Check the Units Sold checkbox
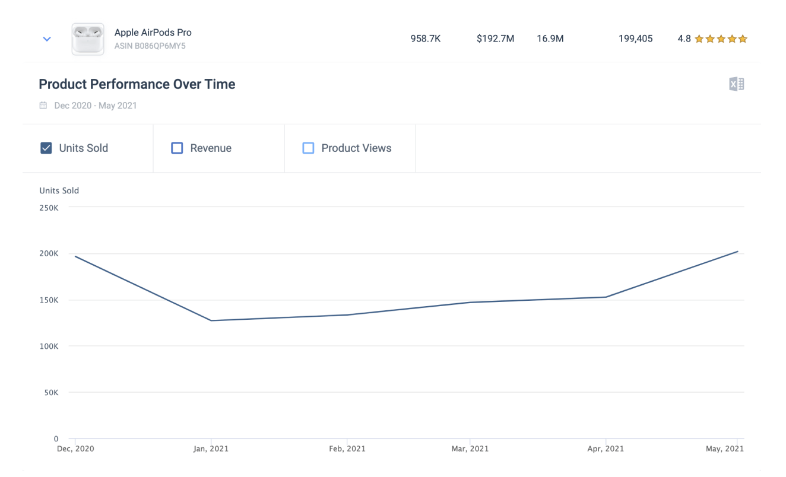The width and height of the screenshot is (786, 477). point(46,148)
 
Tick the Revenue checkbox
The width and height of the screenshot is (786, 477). point(177,148)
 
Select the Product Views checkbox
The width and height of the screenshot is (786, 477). point(308,148)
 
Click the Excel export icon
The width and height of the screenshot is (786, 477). point(737,84)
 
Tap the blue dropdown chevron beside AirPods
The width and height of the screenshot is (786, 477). point(47,39)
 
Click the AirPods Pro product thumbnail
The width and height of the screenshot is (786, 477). point(88,39)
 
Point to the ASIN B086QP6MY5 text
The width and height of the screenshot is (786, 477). point(150,46)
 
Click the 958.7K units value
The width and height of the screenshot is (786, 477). point(425,39)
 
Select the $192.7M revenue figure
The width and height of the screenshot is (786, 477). point(495,39)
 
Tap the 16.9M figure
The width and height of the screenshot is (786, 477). point(550,39)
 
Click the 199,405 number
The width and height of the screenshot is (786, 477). point(635,39)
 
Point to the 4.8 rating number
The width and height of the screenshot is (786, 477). point(684,39)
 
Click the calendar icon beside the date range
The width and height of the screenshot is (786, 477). point(43,105)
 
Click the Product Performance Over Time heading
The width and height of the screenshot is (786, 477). point(137,84)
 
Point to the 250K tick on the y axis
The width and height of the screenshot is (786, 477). point(49,208)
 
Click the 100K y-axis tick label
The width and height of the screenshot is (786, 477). point(49,346)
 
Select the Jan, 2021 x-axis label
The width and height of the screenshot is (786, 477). point(211,449)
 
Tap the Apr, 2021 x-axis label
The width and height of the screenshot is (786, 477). point(606,449)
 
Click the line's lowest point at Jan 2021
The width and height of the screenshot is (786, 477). point(211,320)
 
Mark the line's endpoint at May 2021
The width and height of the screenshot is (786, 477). point(737,252)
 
